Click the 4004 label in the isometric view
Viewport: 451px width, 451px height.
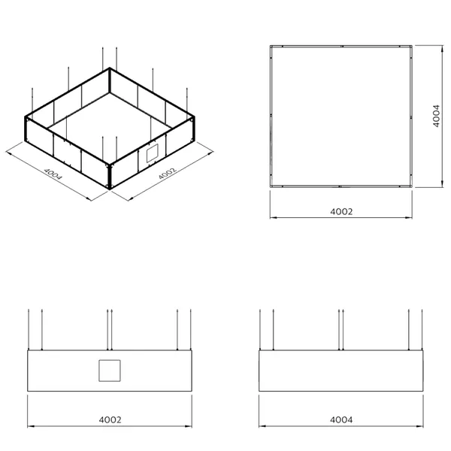point(53,174)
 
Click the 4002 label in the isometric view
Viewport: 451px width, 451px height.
point(167,174)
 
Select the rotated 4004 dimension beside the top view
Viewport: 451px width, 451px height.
point(436,116)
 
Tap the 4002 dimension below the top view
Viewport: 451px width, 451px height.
point(341,212)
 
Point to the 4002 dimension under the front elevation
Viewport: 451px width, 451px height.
point(110,420)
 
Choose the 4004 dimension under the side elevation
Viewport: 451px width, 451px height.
point(341,420)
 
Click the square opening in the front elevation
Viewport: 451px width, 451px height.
point(110,371)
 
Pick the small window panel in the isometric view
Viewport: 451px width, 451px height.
point(153,153)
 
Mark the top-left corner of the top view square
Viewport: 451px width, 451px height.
point(271,46)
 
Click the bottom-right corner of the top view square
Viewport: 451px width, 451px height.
point(412,186)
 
